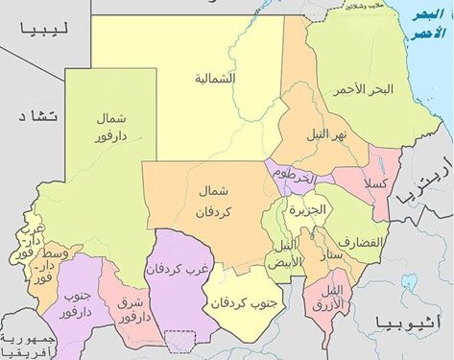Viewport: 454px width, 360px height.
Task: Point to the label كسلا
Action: (x=374, y=182)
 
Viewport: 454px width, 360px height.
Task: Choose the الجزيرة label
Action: (x=309, y=208)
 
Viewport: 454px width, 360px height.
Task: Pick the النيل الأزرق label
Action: (x=332, y=295)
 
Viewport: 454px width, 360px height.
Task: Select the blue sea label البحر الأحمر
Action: (x=428, y=23)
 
